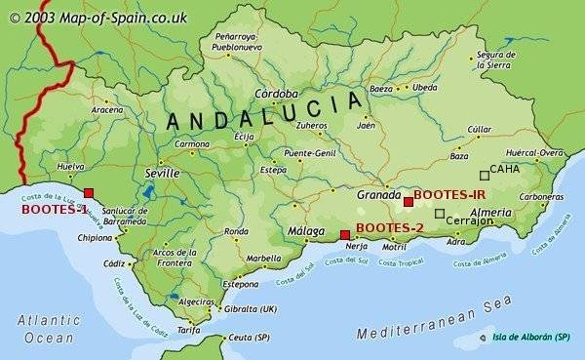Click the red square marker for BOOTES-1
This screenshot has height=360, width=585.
click(89, 193)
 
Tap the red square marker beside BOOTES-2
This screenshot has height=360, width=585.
click(344, 234)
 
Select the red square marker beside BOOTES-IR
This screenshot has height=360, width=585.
click(408, 201)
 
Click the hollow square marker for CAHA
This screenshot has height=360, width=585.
click(484, 176)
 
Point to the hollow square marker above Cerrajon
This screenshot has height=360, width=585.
click(440, 213)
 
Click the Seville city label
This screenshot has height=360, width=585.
click(161, 173)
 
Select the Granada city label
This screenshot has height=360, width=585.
click(379, 194)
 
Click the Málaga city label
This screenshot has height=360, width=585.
click(306, 230)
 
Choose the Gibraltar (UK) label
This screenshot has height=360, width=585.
click(250, 308)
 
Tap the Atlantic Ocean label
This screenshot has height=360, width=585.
click(48, 329)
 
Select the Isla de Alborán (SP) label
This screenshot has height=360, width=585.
click(530, 338)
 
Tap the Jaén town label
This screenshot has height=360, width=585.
click(367, 125)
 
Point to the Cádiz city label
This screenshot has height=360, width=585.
click(114, 263)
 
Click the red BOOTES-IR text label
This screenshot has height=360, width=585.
click(449, 195)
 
